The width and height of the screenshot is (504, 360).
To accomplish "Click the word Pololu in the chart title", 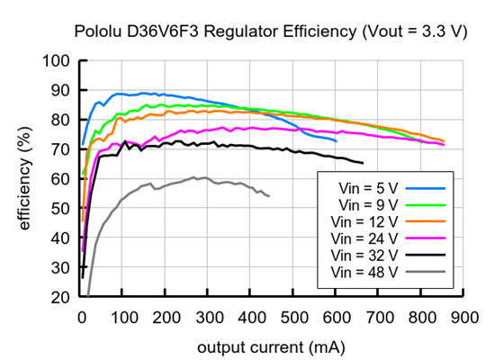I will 98,31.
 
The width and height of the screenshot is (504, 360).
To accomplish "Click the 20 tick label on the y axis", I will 60,297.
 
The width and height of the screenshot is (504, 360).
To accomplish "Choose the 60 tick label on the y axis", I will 60,179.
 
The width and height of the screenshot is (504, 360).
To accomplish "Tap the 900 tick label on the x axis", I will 464,316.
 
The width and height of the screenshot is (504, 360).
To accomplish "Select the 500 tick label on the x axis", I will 294,316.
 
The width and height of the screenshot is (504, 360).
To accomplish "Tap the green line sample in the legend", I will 427,205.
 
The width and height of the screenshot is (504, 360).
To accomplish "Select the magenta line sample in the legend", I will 427,238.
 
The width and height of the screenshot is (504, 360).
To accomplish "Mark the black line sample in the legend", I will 427,255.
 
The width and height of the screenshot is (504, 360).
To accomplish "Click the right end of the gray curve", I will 268,195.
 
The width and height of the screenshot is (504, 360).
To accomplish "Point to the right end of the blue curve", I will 336,141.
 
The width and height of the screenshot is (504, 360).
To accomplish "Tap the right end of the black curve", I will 363,163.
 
